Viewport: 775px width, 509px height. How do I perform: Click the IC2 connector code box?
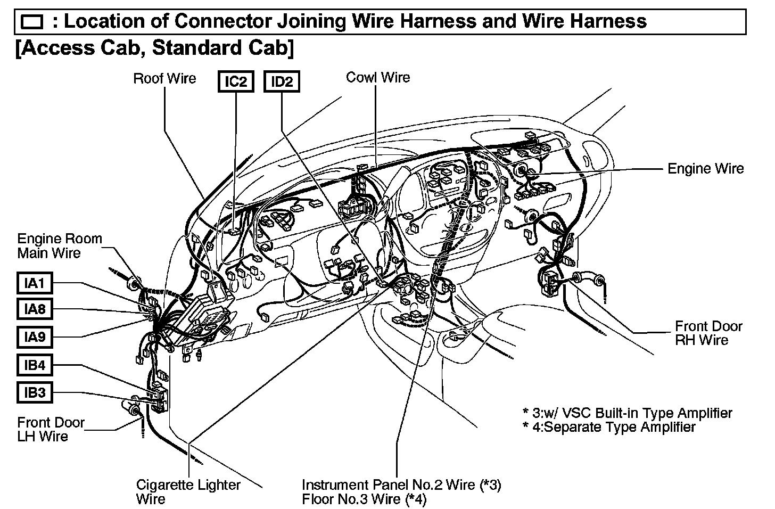point(236,82)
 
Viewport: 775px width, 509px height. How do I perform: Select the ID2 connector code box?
point(282,82)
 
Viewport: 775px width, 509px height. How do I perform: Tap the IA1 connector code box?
point(35,283)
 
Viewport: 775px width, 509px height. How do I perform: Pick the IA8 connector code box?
point(35,309)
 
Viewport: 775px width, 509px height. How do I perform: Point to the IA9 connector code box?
point(35,337)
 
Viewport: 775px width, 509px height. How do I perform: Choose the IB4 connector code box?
point(35,365)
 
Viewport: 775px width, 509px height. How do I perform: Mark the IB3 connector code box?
point(35,393)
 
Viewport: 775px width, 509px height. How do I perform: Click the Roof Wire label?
point(164,79)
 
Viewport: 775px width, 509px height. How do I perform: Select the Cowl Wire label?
point(378,77)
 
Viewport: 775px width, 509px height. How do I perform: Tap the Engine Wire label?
point(705,169)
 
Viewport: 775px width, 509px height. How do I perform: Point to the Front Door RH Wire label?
point(708,333)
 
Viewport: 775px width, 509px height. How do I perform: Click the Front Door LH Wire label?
point(51,430)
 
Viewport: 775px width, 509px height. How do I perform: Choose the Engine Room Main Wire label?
point(59,245)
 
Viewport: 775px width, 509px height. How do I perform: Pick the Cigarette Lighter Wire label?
point(188,492)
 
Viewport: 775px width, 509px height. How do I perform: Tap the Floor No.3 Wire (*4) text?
point(364,499)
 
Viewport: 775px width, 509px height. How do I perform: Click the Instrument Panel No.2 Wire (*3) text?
point(401,485)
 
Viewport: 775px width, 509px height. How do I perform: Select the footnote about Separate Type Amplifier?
point(609,427)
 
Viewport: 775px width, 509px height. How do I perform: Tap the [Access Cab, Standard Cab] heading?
point(154,48)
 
